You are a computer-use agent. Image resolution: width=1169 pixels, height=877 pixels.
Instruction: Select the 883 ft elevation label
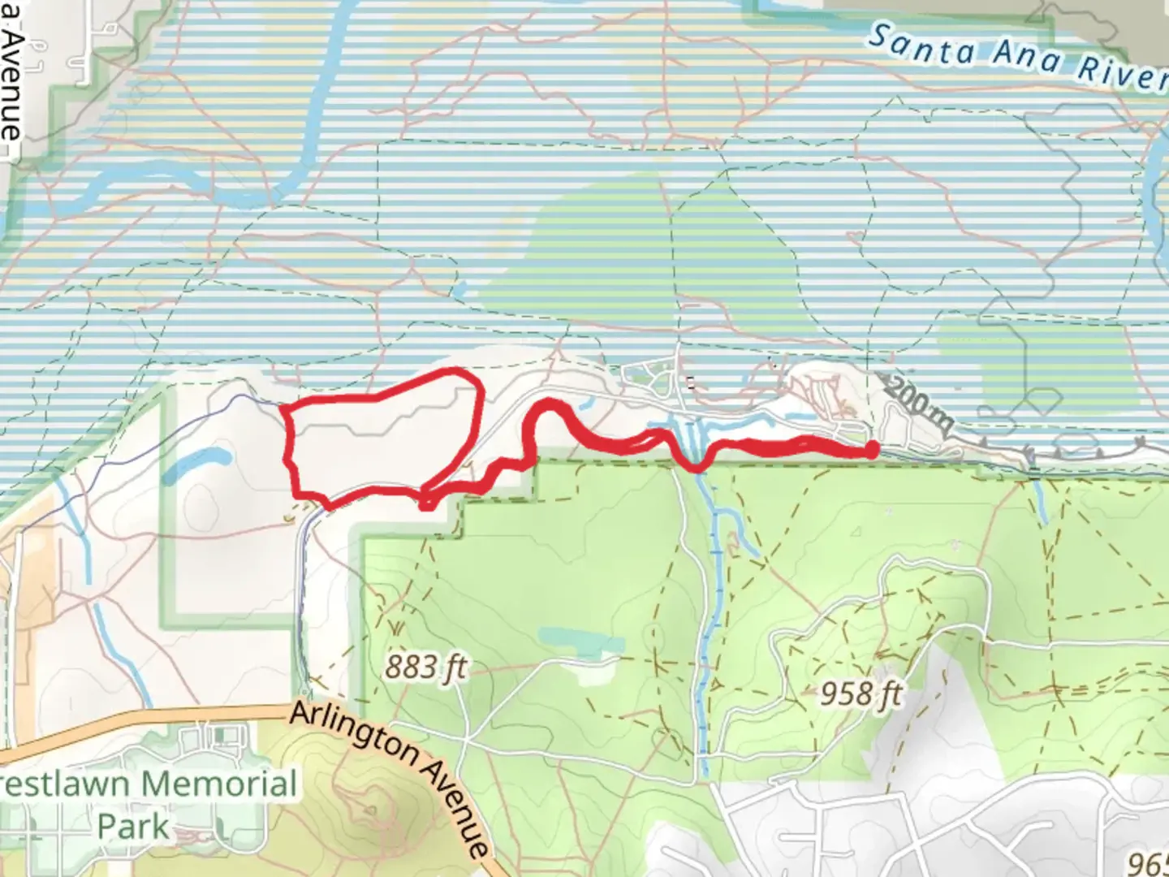point(425,667)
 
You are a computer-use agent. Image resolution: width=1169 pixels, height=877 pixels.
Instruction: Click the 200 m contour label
point(917,403)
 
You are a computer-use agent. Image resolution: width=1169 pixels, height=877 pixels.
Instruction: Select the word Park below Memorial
point(133,827)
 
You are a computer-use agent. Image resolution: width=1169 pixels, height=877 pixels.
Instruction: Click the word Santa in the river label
point(922,45)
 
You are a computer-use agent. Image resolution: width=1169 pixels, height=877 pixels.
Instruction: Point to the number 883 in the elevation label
point(411,667)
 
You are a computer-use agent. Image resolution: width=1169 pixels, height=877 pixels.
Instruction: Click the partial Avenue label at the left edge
point(11,81)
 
